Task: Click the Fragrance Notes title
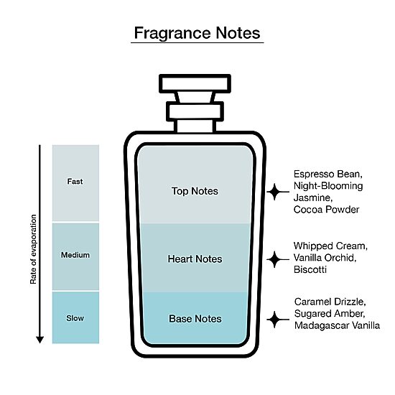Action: [197, 33]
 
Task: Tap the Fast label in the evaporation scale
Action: [75, 182]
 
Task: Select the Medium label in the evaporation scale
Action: [75, 255]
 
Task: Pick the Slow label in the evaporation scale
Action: [75, 318]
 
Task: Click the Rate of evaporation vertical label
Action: [33, 249]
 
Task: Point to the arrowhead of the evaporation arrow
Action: [39, 340]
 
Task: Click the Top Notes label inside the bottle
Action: [195, 191]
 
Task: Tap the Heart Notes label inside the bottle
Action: [195, 259]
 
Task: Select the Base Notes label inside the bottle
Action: [195, 319]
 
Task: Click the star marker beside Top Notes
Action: [274, 192]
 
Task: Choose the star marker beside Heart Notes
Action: [274, 259]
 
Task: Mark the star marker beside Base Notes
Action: [274, 320]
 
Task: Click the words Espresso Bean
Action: [328, 174]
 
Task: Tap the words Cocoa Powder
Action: [327, 209]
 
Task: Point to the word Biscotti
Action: [310, 269]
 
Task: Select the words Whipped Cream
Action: [330, 246]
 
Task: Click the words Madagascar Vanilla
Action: [337, 325]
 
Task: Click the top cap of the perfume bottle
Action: [195, 83]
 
